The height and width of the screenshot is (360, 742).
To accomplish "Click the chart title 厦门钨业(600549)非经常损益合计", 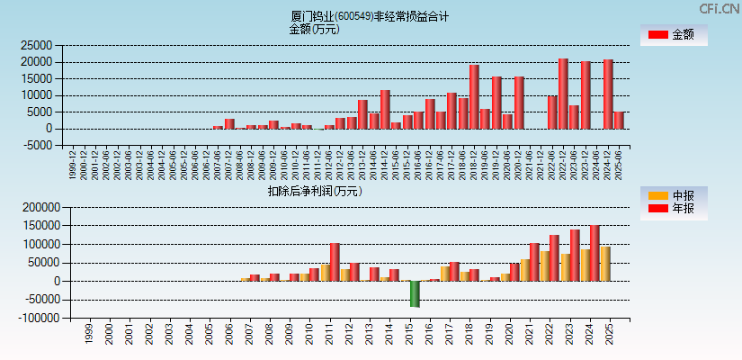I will pos(370,16).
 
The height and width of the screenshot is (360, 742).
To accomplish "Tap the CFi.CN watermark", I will pos(720,8).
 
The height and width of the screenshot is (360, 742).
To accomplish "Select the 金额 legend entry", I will pos(674,34).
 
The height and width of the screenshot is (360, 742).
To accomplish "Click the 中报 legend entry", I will pos(674,195).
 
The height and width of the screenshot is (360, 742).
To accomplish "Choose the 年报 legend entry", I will pos(674,209).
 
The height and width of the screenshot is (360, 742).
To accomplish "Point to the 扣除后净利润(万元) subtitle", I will pos(314,191).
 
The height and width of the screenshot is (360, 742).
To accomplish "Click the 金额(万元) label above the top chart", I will pos(314,29).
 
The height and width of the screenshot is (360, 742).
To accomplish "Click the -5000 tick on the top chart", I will pos(38,146).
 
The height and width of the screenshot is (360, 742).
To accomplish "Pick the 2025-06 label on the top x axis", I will pos(619,165).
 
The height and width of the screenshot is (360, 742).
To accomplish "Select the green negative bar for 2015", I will pos(415,293).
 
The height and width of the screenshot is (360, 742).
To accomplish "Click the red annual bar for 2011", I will pos(335,262).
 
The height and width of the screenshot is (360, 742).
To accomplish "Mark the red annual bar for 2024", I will pos(594,253).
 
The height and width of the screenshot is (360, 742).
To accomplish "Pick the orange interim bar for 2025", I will pos(606,264).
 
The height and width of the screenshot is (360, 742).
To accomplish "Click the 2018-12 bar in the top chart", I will pos(474,96).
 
